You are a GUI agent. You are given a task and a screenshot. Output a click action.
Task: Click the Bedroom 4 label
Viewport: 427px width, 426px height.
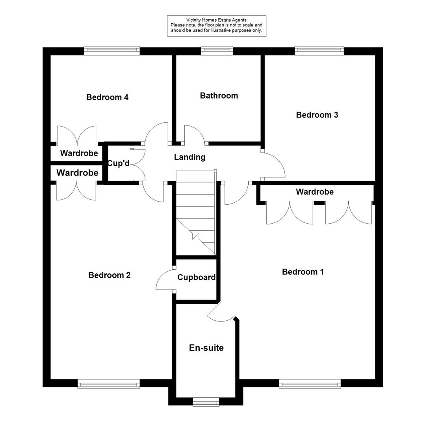107,97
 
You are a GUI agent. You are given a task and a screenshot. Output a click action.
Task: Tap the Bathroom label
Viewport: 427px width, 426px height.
219,95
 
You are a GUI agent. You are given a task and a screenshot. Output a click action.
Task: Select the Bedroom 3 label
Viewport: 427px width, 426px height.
317,115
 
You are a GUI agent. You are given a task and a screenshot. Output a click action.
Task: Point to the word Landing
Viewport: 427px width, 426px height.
189,157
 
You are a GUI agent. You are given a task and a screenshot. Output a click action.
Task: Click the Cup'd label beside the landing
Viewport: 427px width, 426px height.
118,163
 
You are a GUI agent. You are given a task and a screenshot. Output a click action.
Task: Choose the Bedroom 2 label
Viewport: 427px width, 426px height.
109,275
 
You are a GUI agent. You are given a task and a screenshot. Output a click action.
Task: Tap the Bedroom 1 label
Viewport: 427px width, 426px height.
303,272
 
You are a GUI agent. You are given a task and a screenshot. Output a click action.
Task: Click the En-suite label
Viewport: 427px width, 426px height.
206,348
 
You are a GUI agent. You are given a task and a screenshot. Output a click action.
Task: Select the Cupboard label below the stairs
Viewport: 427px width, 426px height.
196,277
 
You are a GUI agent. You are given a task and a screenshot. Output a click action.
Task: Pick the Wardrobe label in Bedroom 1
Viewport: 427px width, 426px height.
314,192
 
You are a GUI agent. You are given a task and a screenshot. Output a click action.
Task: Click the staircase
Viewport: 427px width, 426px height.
195,213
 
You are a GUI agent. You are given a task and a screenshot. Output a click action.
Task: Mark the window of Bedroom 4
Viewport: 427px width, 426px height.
112,50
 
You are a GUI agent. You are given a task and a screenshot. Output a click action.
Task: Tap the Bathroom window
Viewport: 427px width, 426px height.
217,50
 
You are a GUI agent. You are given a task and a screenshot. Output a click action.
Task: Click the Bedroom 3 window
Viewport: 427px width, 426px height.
319,50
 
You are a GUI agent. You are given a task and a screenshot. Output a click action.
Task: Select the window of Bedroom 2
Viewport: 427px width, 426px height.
109,383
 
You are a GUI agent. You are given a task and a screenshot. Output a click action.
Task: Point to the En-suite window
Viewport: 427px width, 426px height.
206,402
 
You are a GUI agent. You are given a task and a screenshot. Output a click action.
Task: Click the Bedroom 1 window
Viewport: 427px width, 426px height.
310,383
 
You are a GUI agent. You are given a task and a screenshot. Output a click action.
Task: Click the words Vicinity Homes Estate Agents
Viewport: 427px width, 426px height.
216,20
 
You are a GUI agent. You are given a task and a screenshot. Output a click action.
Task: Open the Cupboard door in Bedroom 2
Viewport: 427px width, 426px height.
165,281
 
